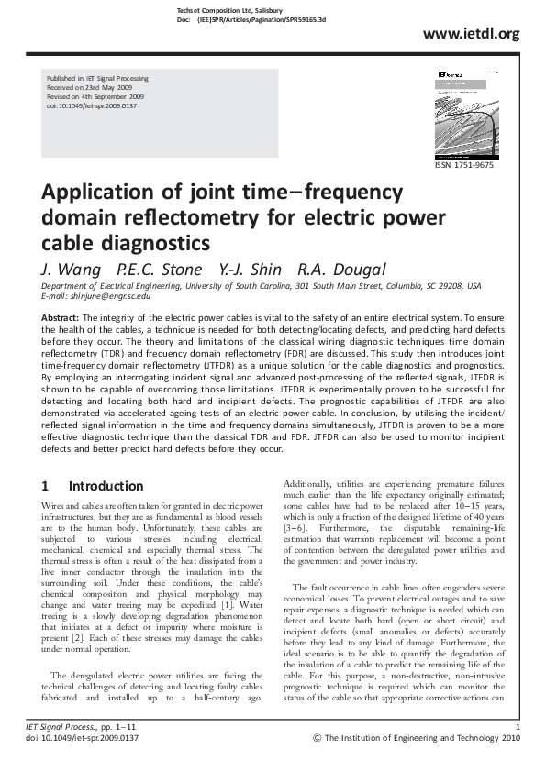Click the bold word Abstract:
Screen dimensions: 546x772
(61, 316)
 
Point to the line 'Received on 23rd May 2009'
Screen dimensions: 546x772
(89, 88)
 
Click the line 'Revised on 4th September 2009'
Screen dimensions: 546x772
(96, 96)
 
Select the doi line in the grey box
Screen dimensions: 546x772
(92, 105)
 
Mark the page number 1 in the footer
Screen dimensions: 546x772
(518, 728)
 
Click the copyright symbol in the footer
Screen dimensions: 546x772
(318, 737)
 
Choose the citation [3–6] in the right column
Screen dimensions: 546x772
(296, 529)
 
